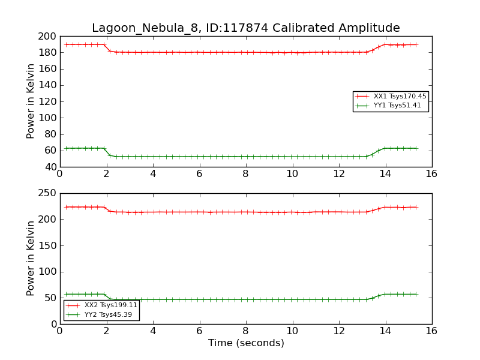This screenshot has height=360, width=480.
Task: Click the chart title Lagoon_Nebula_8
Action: point(245,28)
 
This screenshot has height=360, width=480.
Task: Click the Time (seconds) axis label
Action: point(246,343)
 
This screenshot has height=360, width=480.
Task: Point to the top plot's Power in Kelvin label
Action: point(31,101)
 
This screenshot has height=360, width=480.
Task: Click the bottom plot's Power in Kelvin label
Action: point(31,259)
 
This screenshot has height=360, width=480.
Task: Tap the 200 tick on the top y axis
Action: point(47,37)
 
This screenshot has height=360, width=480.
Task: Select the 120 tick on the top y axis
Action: point(47,102)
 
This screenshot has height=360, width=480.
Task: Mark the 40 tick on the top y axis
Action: point(50,167)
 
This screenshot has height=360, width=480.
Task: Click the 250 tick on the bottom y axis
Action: point(47,194)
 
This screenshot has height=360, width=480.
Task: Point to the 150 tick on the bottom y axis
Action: point(47,246)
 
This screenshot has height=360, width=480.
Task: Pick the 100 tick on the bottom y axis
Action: point(47,272)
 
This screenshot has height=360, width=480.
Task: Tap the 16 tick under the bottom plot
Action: point(431,331)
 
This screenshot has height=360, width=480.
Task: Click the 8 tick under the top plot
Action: point(245,174)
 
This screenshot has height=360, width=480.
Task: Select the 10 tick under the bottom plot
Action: point(292,331)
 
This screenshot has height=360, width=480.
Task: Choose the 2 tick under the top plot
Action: point(106,174)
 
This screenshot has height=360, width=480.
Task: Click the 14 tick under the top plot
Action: point(385,174)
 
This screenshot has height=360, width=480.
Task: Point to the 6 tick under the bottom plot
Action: point(199,331)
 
